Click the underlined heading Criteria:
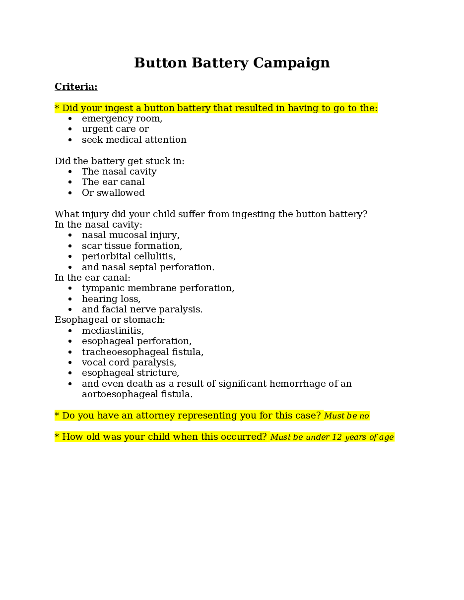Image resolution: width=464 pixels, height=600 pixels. (76, 87)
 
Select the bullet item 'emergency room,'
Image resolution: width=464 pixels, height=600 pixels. (122, 119)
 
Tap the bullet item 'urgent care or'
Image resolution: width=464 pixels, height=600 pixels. (115, 129)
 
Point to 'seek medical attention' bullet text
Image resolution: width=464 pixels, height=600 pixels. (134, 140)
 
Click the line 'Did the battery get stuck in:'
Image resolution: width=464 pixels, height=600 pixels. (119, 161)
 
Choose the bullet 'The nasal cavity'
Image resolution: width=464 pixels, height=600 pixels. (119, 172)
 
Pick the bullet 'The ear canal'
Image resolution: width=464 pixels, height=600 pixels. (113, 182)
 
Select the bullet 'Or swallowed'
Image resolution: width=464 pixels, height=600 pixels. (113, 193)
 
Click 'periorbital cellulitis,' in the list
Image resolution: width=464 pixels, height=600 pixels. (129, 256)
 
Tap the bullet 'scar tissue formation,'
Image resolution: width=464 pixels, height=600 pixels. (132, 246)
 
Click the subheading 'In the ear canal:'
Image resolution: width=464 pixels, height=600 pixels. (92, 278)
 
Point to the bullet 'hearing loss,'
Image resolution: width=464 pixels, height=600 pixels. (111, 299)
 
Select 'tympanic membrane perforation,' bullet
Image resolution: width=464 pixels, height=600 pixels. (158, 288)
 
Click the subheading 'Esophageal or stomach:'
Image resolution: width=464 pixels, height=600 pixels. (110, 320)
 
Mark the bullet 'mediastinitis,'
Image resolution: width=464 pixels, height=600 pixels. (113, 331)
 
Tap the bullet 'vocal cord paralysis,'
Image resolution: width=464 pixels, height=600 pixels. (129, 362)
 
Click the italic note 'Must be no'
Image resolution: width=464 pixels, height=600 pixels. (346, 416)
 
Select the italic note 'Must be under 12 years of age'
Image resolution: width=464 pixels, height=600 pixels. (331, 437)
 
